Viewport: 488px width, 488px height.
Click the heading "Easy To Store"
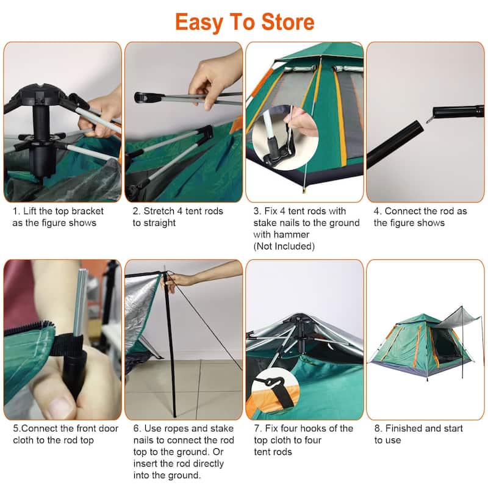click(x=244, y=23)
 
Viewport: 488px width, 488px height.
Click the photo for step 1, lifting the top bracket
click(x=62, y=122)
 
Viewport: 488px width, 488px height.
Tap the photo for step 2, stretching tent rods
click(x=183, y=122)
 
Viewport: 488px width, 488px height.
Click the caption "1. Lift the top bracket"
click(x=59, y=211)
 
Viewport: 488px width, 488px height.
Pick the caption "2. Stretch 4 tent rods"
click(x=178, y=211)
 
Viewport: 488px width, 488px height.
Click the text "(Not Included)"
click(x=284, y=246)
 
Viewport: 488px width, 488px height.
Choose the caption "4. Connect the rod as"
click(x=420, y=211)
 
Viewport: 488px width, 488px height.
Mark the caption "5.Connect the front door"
click(x=66, y=428)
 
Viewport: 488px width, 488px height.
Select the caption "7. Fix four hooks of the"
click(x=303, y=428)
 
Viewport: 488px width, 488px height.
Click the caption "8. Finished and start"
click(x=418, y=428)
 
